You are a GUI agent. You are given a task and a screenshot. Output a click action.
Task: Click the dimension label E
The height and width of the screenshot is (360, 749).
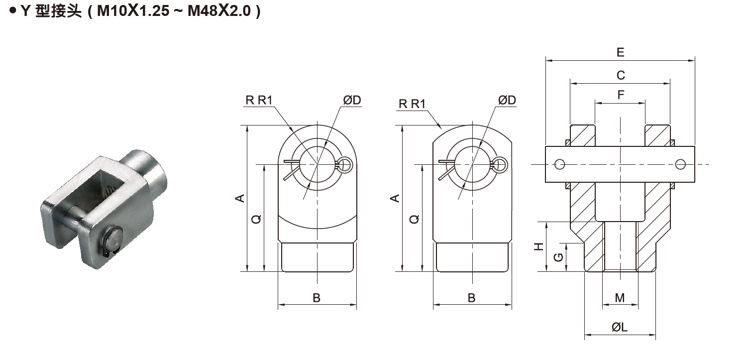pos(620,52)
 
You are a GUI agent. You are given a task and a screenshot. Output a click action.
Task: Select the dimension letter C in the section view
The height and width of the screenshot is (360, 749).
pos(621,75)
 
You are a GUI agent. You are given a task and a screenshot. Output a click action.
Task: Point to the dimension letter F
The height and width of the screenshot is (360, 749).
pos(621,95)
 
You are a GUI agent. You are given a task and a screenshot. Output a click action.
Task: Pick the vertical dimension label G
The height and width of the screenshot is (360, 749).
pos(558,257)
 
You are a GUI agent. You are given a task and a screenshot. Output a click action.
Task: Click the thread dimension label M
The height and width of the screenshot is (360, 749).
pos(620,298)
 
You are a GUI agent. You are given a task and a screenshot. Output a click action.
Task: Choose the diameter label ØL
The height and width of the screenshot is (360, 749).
pos(620,327)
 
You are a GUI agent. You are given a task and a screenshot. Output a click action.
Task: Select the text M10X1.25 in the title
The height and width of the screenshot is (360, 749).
pos(132,11)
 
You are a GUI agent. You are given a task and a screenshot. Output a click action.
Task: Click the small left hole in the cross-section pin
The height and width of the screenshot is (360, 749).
pos(560,164)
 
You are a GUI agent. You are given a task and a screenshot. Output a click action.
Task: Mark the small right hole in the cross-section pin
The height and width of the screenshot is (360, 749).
pos(680,164)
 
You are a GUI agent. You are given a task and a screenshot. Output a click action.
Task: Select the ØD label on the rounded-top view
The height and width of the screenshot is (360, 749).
pos(352,100)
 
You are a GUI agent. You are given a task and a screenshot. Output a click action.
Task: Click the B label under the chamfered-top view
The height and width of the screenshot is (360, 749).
pos(471,298)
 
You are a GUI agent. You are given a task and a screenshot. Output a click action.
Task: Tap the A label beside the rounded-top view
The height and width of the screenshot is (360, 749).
pos(240,198)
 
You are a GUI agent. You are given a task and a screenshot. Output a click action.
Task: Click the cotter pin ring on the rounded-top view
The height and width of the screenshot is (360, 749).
pos(345,164)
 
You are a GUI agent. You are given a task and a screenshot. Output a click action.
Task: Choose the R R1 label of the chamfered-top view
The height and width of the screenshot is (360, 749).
pos(412,104)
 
